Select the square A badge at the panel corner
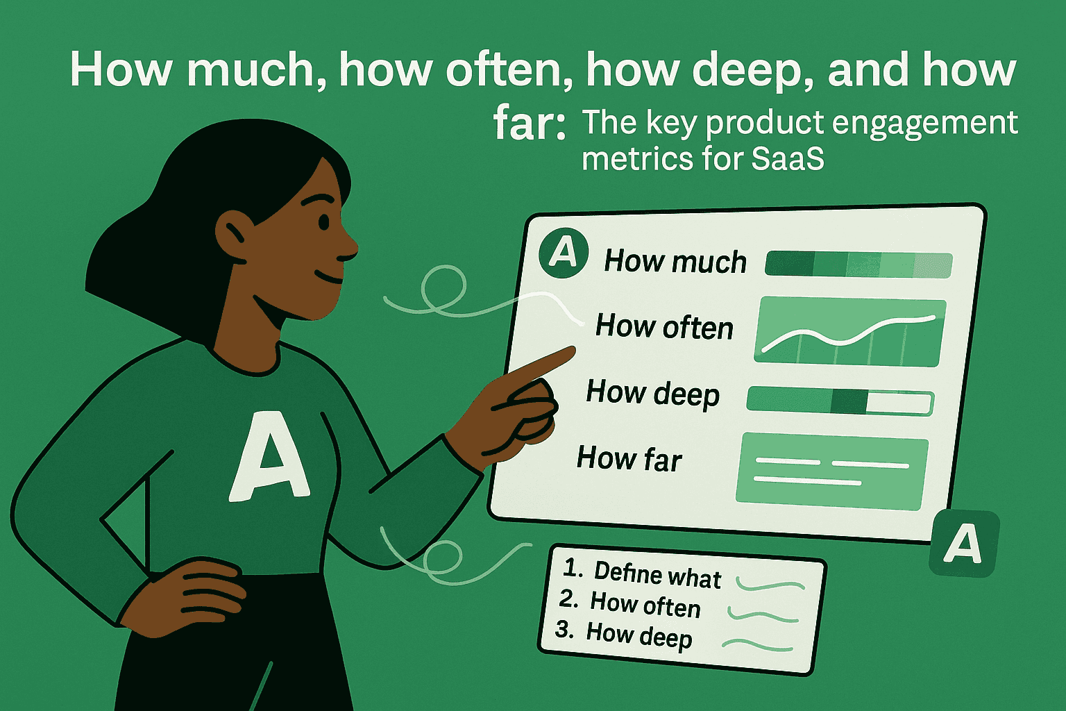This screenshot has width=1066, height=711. click(963, 544)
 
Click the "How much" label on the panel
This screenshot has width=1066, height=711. click(675, 262)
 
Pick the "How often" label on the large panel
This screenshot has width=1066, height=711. click(664, 326)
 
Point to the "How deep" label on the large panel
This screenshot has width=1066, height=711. click(652, 393)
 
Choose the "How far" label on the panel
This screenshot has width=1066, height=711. click(629, 459)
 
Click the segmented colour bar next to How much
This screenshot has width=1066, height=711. click(858, 265)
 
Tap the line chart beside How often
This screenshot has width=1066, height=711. click(849, 332)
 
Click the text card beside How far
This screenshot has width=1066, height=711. click(831, 469)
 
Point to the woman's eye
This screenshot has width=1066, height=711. click(323, 222)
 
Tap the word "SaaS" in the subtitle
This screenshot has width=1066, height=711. click(788, 159)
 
